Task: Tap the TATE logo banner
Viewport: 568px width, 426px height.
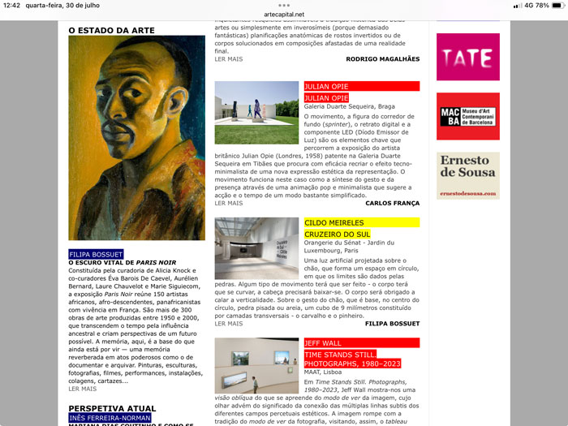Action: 467,57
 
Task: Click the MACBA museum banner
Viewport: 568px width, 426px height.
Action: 467,116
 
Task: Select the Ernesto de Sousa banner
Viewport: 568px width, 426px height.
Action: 467,175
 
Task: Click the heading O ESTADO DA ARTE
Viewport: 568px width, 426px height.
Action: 111,31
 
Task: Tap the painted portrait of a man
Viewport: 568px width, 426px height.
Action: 125,138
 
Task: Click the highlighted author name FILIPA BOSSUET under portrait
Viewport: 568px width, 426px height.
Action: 97,254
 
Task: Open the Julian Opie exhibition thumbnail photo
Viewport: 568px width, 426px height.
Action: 256,113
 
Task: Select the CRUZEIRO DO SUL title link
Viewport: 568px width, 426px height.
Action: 337,235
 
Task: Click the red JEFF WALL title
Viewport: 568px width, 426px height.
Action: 323,343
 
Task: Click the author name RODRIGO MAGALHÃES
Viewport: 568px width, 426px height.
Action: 383,59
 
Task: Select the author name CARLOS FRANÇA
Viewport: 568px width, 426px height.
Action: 393,203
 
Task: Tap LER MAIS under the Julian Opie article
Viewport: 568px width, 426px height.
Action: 229,203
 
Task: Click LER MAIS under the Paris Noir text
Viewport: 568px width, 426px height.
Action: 82,389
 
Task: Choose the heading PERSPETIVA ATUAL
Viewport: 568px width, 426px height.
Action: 112,408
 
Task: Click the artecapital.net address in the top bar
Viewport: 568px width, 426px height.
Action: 284,15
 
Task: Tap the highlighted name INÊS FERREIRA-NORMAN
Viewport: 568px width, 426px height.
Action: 110,418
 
